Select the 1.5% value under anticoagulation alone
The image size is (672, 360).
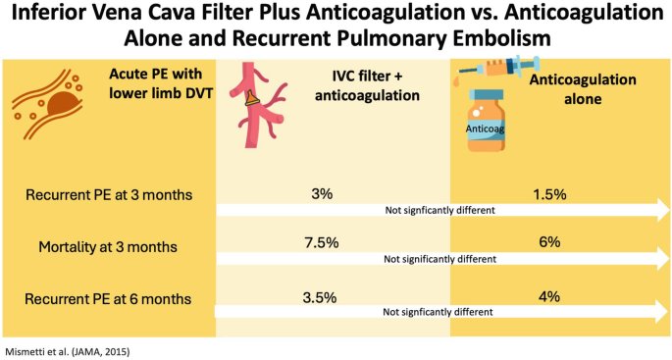tap(549, 193)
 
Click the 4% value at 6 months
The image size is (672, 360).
tap(549, 294)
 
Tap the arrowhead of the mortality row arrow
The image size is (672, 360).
tap(656, 258)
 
